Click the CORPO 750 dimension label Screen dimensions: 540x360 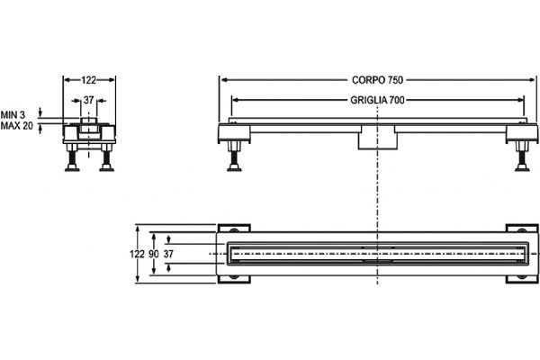(377, 80)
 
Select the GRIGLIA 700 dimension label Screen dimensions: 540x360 (377, 100)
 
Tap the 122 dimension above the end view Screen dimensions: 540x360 (88, 80)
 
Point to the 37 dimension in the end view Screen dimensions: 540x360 (88, 100)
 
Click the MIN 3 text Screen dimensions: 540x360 (13, 114)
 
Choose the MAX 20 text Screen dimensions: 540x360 (17, 126)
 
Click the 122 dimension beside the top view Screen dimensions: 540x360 (137, 254)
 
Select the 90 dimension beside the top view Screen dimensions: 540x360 (154, 254)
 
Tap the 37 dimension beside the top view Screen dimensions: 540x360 (168, 254)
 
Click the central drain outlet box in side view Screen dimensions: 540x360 (378, 138)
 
